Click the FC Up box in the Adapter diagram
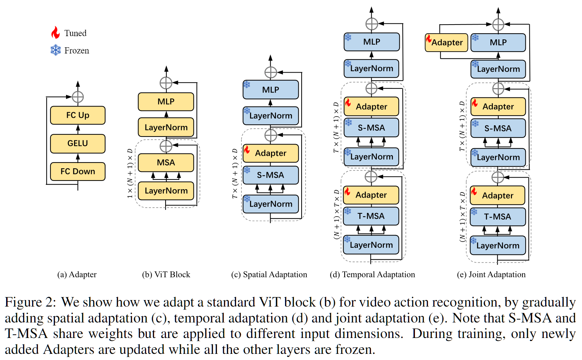pyautogui.click(x=78, y=115)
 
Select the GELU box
pyautogui.click(x=78, y=143)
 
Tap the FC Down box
pyautogui.click(x=78, y=172)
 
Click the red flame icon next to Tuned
pyautogui.click(x=55, y=32)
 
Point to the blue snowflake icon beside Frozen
pyautogui.click(x=56, y=50)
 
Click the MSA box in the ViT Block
pyautogui.click(x=166, y=163)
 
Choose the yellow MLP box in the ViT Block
pyautogui.click(x=166, y=101)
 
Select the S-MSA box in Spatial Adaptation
pyautogui.click(x=271, y=175)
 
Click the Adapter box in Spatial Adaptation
pyautogui.click(x=271, y=153)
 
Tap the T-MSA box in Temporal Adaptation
pyautogui.click(x=371, y=216)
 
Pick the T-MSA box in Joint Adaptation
pyautogui.click(x=498, y=217)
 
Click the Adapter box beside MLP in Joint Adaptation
pyautogui.click(x=446, y=42)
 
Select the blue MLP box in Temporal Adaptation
pyautogui.click(x=372, y=42)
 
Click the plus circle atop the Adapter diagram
pyautogui.click(x=78, y=97)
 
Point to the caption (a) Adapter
pyautogui.click(x=77, y=274)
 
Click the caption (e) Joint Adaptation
pyautogui.click(x=491, y=274)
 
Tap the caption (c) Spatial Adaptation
pyautogui.click(x=269, y=274)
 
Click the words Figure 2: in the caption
pyautogui.click(x=30, y=303)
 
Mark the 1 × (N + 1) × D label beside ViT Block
pyautogui.click(x=130, y=174)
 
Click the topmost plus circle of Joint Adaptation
pyautogui.click(x=498, y=25)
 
